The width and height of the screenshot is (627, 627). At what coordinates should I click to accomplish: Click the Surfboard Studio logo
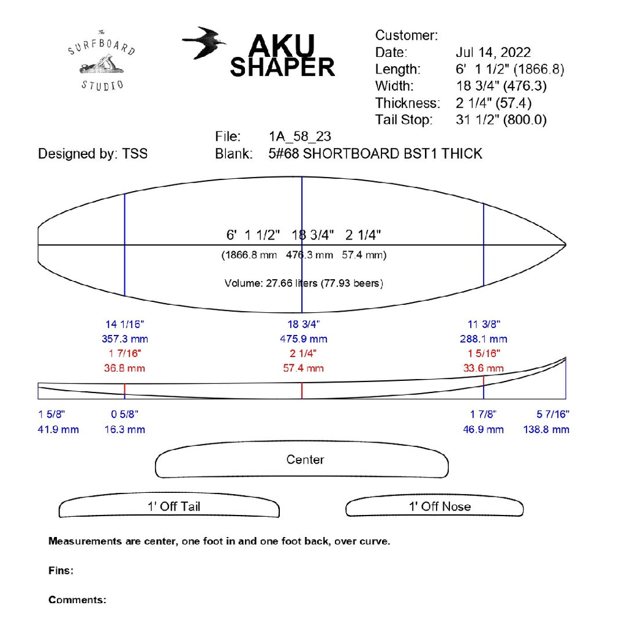click(x=102, y=60)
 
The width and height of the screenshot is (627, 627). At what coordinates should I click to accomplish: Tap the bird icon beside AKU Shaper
click(x=204, y=43)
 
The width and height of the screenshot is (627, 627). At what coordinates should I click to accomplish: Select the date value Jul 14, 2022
click(x=493, y=52)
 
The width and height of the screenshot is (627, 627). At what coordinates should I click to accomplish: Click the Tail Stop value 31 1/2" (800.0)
click(x=501, y=119)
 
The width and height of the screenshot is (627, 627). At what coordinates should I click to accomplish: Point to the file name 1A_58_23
click(x=299, y=136)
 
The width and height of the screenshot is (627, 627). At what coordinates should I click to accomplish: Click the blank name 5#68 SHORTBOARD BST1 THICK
click(x=375, y=153)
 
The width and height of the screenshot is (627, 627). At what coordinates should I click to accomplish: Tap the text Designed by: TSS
click(x=92, y=153)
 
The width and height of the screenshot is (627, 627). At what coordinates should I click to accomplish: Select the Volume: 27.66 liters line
click(x=304, y=283)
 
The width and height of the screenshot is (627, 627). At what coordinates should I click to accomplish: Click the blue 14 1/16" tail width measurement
click(x=125, y=324)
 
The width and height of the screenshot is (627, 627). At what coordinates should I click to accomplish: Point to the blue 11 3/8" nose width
click(x=484, y=324)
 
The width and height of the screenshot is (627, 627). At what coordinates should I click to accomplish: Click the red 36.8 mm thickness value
click(x=125, y=368)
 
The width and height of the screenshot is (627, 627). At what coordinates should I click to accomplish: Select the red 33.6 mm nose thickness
click(x=484, y=368)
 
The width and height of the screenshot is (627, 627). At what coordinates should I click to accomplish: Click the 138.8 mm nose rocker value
click(x=546, y=429)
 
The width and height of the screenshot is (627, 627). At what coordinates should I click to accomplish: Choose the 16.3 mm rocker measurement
click(x=125, y=429)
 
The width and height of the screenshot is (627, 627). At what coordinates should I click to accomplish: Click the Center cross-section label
click(x=305, y=459)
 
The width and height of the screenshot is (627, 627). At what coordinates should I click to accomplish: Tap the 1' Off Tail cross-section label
click(x=173, y=506)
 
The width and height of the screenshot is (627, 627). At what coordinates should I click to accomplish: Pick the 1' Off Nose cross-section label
click(x=440, y=506)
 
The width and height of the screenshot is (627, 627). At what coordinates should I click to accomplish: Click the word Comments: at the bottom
click(x=77, y=599)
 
